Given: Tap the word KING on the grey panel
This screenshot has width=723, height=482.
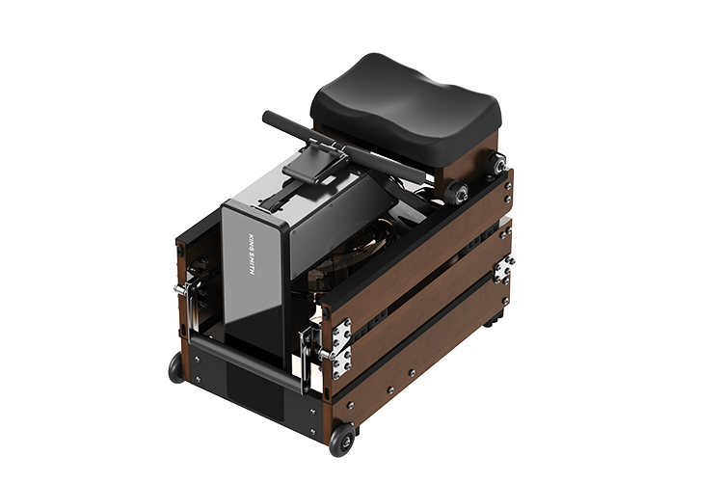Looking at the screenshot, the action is tap(252, 242).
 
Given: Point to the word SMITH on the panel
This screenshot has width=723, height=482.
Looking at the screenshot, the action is tap(252, 264).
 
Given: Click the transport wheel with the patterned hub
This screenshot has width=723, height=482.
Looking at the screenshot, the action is tap(342, 440).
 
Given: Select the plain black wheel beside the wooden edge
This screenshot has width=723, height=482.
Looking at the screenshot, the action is tap(176, 367).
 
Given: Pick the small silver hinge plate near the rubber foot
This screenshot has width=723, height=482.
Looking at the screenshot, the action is tap(503, 269).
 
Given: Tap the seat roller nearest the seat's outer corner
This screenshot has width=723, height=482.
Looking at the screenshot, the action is tap(496, 164).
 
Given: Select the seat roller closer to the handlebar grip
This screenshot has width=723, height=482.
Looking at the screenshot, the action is tap(456, 191).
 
